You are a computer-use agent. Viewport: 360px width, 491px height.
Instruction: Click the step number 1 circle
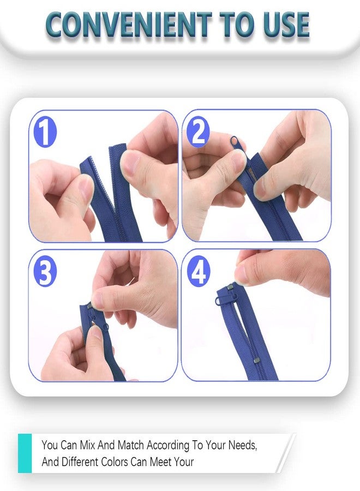[x=45, y=133]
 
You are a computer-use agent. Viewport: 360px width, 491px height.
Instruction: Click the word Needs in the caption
[x=242, y=445]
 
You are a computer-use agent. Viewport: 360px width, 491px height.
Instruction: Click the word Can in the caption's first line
[x=68, y=445]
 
